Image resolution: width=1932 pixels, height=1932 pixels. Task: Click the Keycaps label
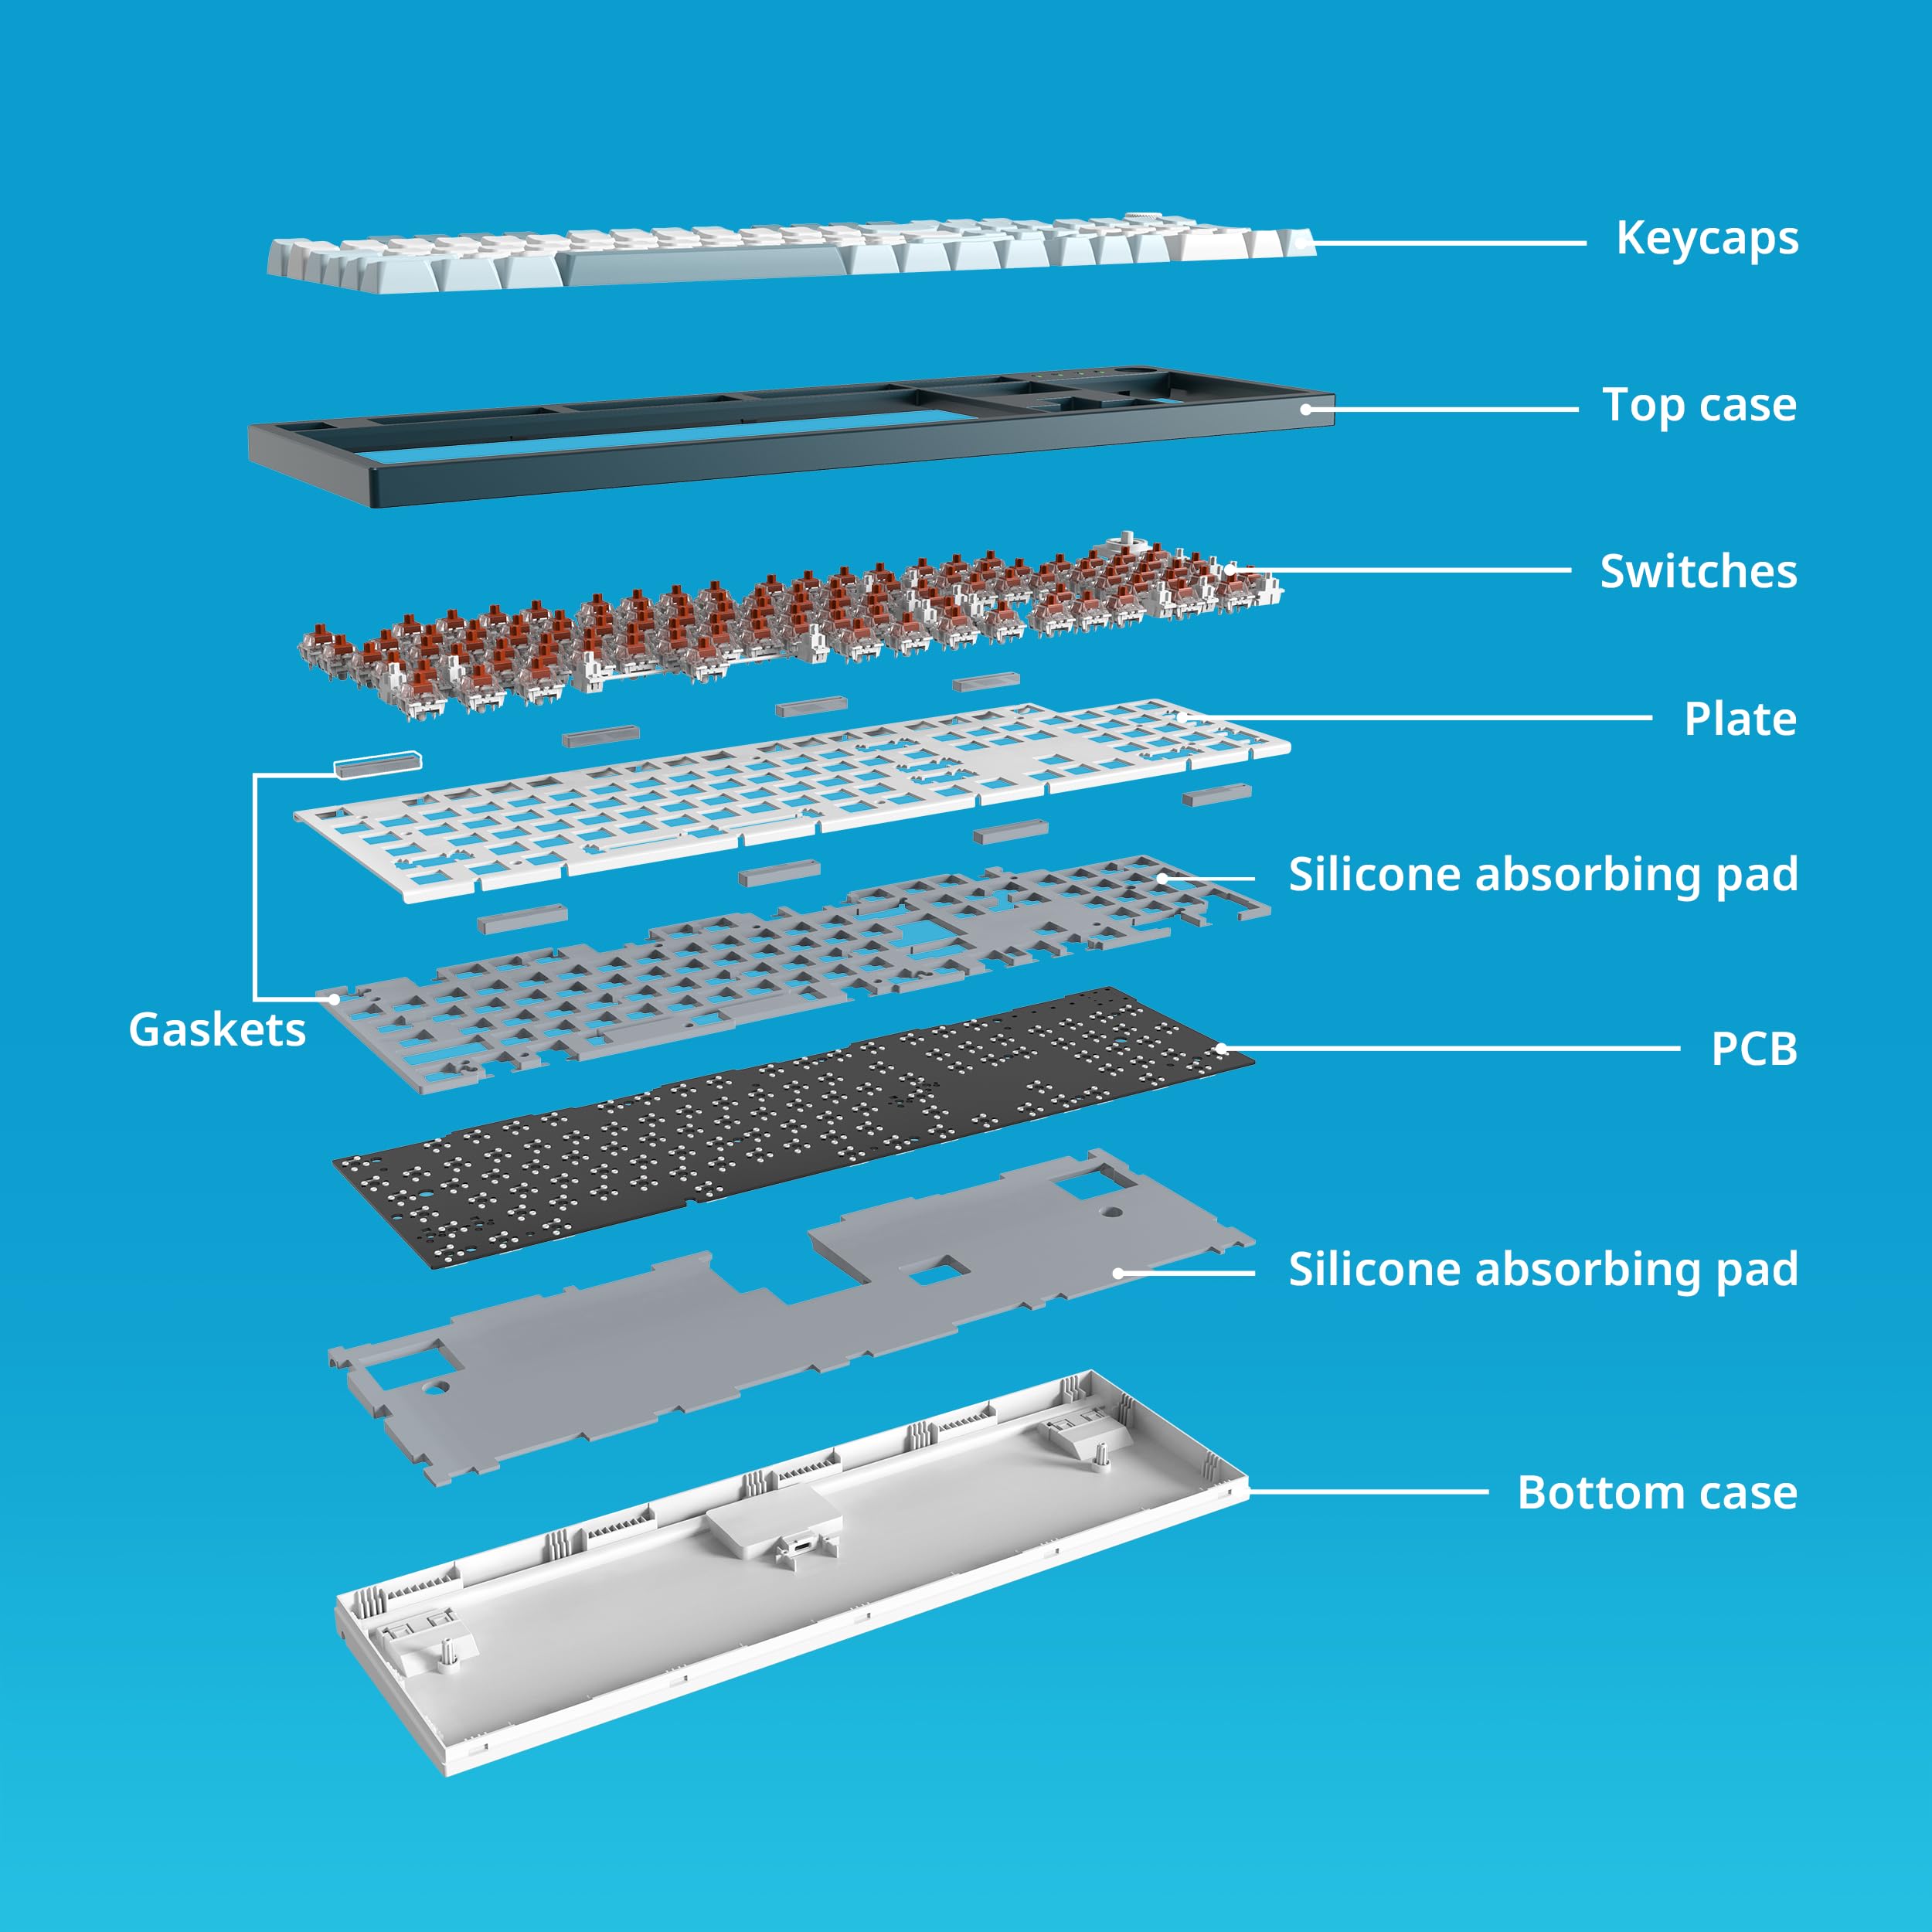coord(1706,239)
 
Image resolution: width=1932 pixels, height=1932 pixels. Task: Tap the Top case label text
coord(1698,406)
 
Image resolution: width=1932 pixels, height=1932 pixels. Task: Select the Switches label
coord(1697,572)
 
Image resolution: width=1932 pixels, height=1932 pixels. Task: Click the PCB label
coord(1753,1049)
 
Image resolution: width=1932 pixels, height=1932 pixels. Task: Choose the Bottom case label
coord(1656,1492)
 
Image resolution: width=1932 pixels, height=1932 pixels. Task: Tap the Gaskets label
coord(217,1030)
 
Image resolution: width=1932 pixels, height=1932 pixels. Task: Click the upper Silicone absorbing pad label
coord(1542,875)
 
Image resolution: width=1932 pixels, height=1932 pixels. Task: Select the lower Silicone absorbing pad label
coord(1542,1270)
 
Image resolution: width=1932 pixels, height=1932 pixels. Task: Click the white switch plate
coord(790,800)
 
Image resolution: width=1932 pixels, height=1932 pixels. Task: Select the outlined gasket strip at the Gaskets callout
coord(377,765)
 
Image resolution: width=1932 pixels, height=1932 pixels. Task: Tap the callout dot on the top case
coord(1306,409)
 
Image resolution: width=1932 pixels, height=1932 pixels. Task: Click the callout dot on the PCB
coord(1222,1049)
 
